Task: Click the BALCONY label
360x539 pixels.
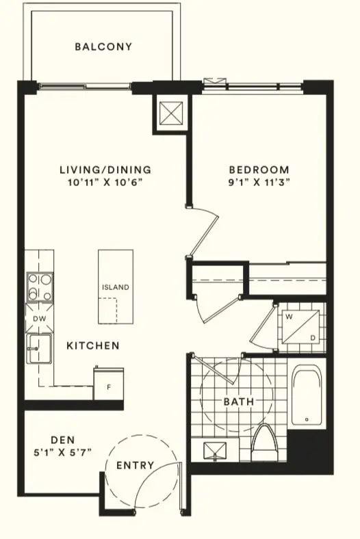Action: (103, 47)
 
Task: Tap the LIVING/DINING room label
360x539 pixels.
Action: (105, 170)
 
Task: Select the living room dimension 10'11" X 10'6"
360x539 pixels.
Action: (105, 183)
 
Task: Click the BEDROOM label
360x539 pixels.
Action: (259, 170)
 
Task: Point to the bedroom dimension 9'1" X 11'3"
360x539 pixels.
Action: (259, 183)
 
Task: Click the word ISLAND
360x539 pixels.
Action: (115, 287)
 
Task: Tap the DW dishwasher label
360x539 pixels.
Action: (38, 319)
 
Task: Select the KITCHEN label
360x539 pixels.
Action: (93, 346)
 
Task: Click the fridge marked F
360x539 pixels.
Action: (109, 386)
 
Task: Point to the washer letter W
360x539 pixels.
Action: (288, 317)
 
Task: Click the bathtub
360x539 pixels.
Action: (306, 397)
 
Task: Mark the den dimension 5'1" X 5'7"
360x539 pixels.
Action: (62, 452)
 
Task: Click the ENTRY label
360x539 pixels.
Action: (135, 466)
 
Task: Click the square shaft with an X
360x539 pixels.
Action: (169, 111)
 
